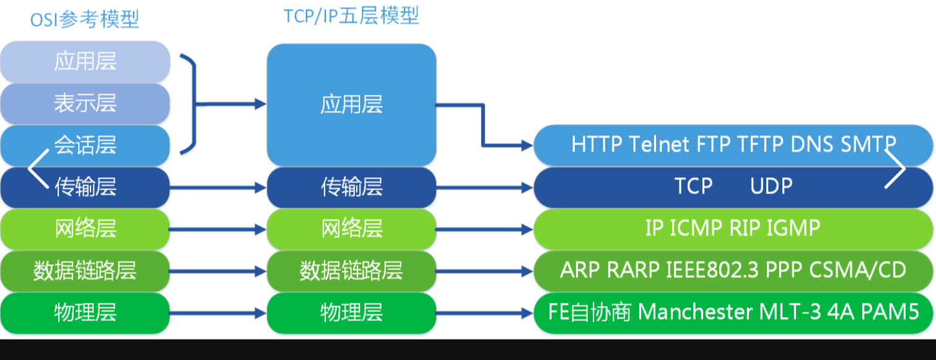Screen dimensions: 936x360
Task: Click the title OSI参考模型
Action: [85, 20]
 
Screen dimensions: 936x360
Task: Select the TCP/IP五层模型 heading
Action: [351, 16]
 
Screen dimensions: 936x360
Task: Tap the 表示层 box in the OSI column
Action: [85, 103]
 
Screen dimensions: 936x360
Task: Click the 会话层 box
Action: [85, 145]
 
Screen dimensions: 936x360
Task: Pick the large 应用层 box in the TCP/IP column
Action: [351, 105]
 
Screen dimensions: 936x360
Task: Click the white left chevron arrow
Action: [38, 169]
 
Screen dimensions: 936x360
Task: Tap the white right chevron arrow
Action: [895, 169]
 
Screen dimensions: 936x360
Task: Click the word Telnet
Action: [658, 144]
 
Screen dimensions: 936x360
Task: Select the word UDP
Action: [771, 186]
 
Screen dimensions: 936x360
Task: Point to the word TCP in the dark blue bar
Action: [694, 186]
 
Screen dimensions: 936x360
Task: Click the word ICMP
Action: [696, 228]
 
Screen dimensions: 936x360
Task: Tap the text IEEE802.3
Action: [712, 270]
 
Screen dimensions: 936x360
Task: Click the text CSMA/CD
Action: [857, 270]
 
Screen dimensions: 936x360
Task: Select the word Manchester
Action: [695, 312]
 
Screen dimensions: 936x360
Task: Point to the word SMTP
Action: [868, 144]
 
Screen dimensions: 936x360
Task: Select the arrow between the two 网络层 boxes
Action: [217, 229]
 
